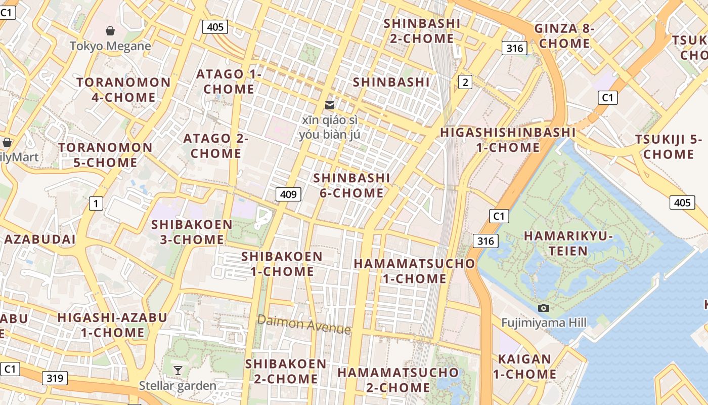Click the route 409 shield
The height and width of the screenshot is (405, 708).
(288, 194)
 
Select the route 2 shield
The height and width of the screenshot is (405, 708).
(465, 82)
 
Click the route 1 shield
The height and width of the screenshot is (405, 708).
(96, 204)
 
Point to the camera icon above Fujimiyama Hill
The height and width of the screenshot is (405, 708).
(544, 308)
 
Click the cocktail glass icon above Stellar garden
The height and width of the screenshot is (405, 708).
(178, 371)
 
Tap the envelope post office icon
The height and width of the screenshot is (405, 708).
(330, 105)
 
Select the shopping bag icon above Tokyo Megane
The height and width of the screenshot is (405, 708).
(110, 31)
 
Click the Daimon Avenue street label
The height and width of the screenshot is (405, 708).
(303, 324)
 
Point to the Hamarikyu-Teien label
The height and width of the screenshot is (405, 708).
(568, 244)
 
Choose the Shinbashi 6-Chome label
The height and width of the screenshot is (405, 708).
(351, 185)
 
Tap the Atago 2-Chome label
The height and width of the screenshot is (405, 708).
(215, 146)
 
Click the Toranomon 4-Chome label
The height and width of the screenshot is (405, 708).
(123, 90)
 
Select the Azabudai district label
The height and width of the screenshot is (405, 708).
(40, 239)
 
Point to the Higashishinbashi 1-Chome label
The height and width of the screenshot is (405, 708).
(508, 140)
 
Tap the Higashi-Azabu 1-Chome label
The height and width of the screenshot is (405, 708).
(112, 325)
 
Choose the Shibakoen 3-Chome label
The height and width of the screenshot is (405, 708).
(192, 232)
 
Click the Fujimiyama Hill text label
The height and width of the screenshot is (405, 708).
(544, 323)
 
